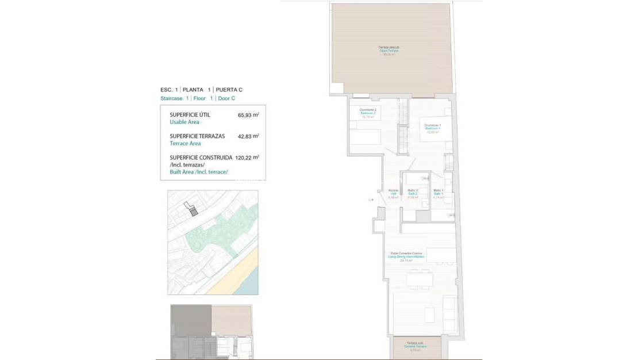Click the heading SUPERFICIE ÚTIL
click(x=190, y=115)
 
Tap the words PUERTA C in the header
click(x=229, y=90)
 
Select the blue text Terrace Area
click(x=185, y=143)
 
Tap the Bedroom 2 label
click(x=368, y=113)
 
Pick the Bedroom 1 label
click(x=433, y=128)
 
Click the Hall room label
click(x=393, y=194)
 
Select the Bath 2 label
click(x=413, y=194)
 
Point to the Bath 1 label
click(x=439, y=194)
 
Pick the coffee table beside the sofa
click(x=429, y=315)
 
